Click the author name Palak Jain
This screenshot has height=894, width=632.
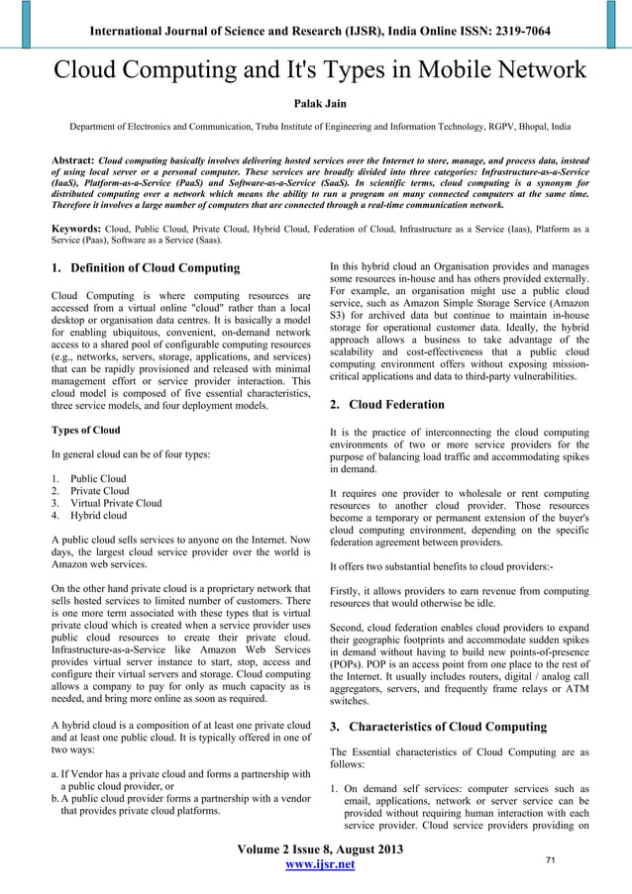(315, 101)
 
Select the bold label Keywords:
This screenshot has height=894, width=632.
(78, 228)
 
